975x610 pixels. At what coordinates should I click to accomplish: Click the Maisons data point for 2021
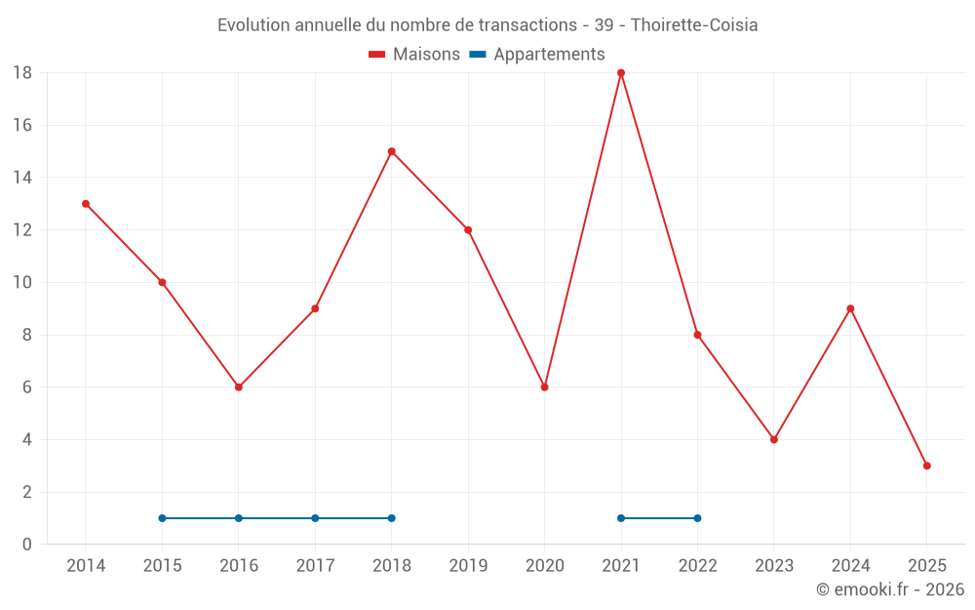click(x=621, y=73)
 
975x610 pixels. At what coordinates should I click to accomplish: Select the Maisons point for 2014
click(x=86, y=204)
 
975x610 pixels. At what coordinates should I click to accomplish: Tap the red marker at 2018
click(x=391, y=151)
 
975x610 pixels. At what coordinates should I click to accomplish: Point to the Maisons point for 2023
click(x=774, y=439)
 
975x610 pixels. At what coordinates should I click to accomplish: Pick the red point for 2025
click(x=926, y=466)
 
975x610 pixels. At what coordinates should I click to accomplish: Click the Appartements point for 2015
click(x=162, y=518)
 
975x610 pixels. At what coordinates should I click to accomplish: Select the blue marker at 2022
click(x=697, y=518)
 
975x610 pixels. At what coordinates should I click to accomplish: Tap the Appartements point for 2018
click(x=391, y=518)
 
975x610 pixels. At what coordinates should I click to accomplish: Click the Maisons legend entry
click(x=414, y=55)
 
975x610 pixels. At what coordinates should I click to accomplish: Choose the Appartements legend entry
click(x=538, y=55)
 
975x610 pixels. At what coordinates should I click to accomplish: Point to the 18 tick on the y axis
click(x=22, y=73)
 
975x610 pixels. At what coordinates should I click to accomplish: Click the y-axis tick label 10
click(x=22, y=283)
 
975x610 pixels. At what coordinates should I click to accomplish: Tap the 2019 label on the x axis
click(x=468, y=566)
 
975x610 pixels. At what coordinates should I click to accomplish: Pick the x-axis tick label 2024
click(x=850, y=566)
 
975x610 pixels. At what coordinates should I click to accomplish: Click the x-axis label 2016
click(x=239, y=566)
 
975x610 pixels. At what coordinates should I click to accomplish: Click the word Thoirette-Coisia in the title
click(x=694, y=25)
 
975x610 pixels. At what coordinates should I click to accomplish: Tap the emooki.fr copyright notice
click(x=890, y=590)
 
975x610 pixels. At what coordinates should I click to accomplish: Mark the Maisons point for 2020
click(x=544, y=387)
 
